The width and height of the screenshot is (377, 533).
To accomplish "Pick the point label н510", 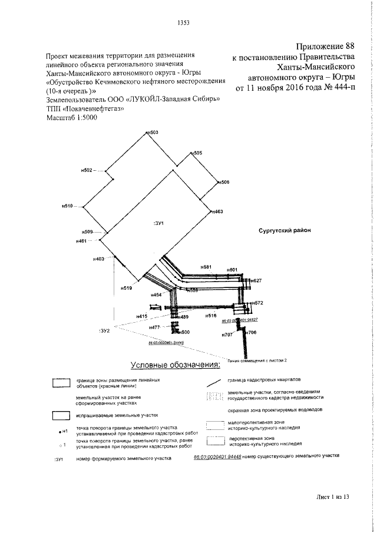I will coord(67,206).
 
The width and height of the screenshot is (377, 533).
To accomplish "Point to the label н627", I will coord(256,280).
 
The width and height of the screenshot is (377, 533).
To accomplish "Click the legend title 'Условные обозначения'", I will coord(175,365).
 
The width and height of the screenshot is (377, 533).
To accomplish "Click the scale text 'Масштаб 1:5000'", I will coord(71,118).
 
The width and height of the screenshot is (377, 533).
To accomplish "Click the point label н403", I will coord(98,259).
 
